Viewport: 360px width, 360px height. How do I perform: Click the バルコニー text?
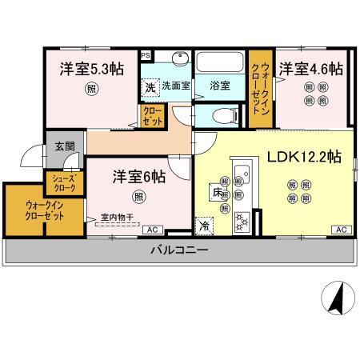(180, 250)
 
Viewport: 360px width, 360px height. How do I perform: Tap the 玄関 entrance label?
(65, 146)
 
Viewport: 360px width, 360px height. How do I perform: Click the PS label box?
(146, 55)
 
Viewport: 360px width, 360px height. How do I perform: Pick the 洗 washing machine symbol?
(150, 86)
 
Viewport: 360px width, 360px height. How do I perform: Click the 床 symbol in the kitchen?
(217, 193)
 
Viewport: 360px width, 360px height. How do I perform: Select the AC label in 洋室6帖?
(150, 230)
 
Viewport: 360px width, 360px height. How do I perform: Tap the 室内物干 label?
(117, 216)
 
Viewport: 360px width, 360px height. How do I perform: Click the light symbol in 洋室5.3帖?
(93, 90)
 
